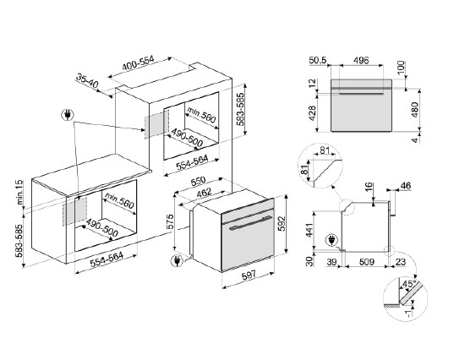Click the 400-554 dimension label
[x=138, y=63]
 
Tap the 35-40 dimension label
[x=87, y=81]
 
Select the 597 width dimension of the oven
[x=249, y=275]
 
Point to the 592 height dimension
[x=282, y=224]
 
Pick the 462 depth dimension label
[x=204, y=193]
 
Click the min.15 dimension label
[x=19, y=192]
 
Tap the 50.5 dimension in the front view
[x=317, y=61]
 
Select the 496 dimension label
[x=361, y=61]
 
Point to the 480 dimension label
[x=414, y=109]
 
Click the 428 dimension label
[x=313, y=113]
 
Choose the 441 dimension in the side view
[x=310, y=231]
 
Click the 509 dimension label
[x=366, y=262]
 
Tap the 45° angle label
[x=409, y=284]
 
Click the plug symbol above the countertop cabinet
[x=68, y=115]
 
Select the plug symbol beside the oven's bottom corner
[x=177, y=260]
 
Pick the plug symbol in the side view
[x=331, y=240]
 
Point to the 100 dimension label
[x=402, y=68]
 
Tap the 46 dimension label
[x=405, y=186]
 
